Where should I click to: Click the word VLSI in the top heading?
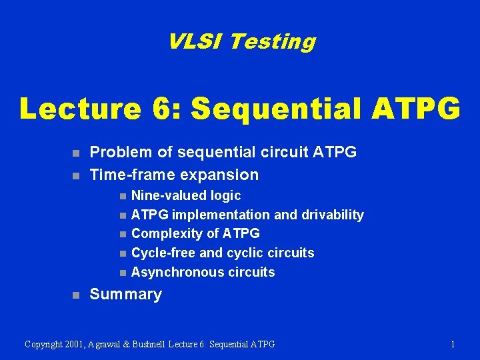point(195,42)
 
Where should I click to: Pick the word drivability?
point(332,215)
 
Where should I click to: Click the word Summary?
point(125,295)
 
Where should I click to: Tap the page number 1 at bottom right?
point(453,344)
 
